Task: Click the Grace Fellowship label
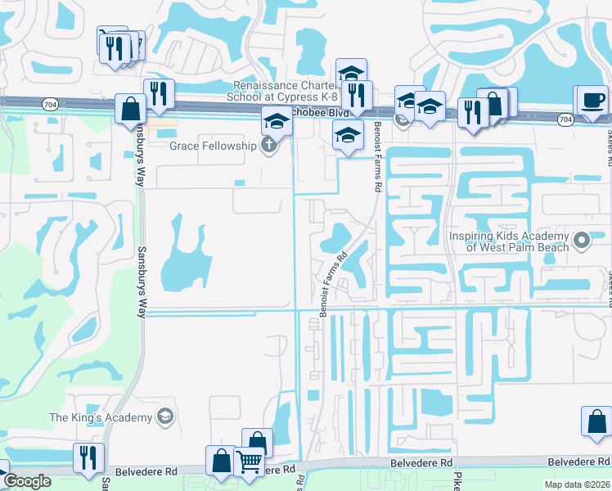[x=212, y=146]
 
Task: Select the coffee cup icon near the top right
[x=592, y=101]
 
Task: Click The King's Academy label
[x=101, y=417]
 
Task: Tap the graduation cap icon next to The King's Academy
[x=164, y=417]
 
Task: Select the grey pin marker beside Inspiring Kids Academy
[x=582, y=240]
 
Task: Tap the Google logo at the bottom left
[x=28, y=482]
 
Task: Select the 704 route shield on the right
[x=565, y=119]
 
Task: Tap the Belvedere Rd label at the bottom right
[x=578, y=462]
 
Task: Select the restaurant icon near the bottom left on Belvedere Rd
[x=88, y=456]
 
